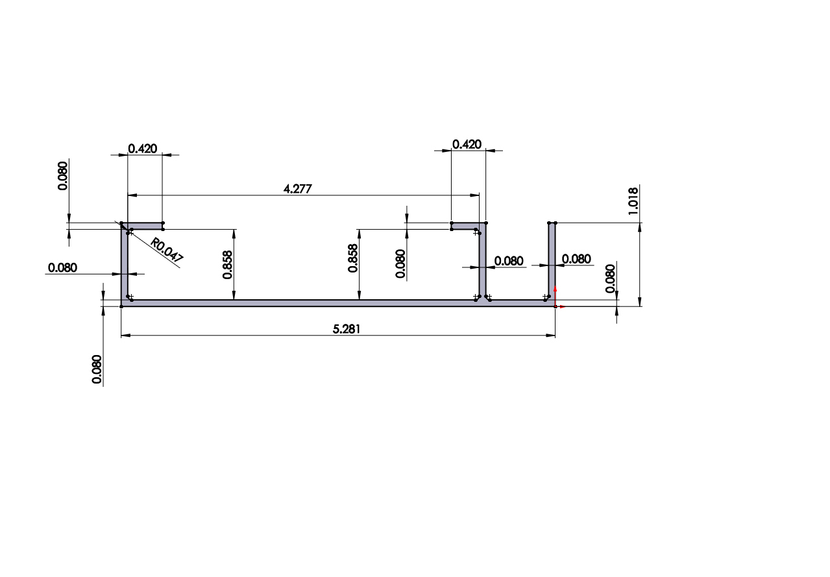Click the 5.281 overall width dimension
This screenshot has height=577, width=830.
(x=346, y=329)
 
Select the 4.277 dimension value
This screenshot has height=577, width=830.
(x=297, y=189)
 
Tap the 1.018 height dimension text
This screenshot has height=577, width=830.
(x=633, y=201)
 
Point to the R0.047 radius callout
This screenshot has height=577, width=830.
(x=167, y=250)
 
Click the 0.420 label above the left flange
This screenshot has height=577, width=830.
(x=143, y=149)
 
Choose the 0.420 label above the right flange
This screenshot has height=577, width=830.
(x=467, y=144)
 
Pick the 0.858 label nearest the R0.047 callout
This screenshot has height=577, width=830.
(x=228, y=265)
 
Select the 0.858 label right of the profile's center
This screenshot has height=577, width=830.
(x=353, y=258)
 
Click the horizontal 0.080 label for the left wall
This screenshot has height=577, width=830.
(x=62, y=267)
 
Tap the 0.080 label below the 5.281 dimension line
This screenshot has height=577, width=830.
(x=97, y=369)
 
